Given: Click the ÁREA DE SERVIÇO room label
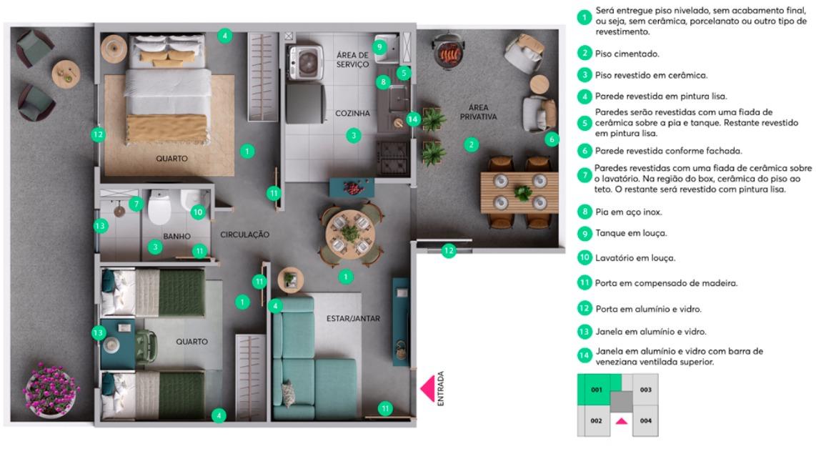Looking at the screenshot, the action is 352,59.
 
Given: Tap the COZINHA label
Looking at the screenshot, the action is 352,113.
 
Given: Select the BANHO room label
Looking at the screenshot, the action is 176,236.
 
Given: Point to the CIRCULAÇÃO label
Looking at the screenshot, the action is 244,235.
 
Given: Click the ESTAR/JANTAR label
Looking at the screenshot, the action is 353,318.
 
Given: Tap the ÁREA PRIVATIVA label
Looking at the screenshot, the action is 478,112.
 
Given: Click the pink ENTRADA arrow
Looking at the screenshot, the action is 428,388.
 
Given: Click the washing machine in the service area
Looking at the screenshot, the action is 306,62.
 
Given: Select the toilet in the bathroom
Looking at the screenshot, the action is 159,207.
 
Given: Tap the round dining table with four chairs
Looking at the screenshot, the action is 350,234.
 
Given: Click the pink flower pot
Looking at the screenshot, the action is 51,390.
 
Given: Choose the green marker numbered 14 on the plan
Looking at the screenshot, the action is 413,119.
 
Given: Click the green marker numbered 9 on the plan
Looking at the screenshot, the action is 379,47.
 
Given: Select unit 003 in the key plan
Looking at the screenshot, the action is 646,390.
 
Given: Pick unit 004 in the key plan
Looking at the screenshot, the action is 646,421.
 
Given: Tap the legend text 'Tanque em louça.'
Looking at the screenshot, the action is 631,233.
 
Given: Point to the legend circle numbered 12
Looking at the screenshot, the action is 584,308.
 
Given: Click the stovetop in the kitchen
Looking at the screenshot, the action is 394,157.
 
